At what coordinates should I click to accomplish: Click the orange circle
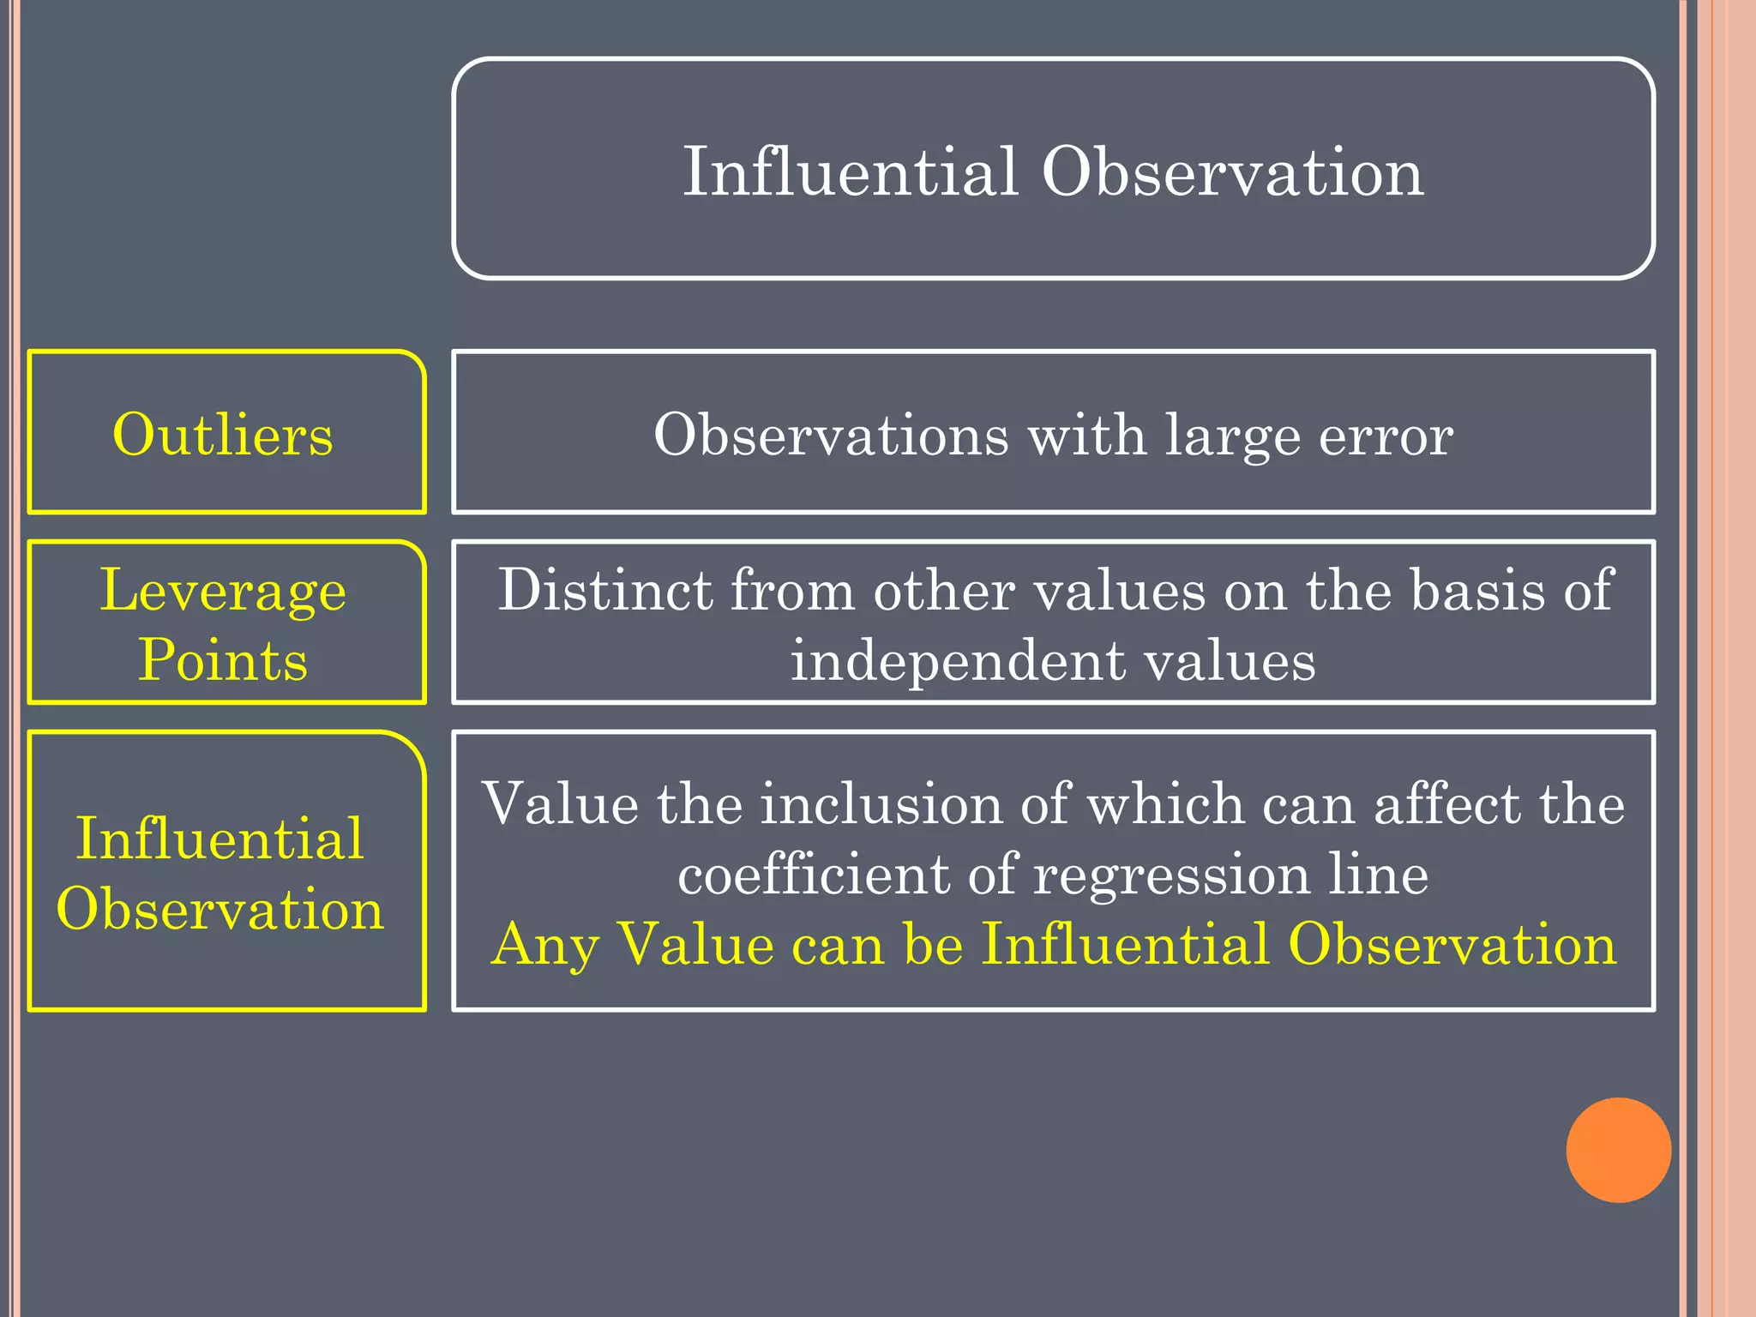coord(1618,1150)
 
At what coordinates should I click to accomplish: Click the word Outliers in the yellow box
coord(223,435)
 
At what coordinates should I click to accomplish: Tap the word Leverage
coord(223,592)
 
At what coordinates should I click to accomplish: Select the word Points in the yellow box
coord(223,660)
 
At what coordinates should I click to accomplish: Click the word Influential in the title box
coord(850,171)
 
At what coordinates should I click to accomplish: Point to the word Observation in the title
coord(1232,171)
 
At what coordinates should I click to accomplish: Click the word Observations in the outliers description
coord(831,435)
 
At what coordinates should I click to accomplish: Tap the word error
coord(1385,435)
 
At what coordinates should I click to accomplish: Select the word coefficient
coord(814,875)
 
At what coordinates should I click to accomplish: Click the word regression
coord(1171,876)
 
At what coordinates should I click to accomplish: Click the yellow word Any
coord(545,945)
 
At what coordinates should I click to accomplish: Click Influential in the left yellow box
coord(219,839)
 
